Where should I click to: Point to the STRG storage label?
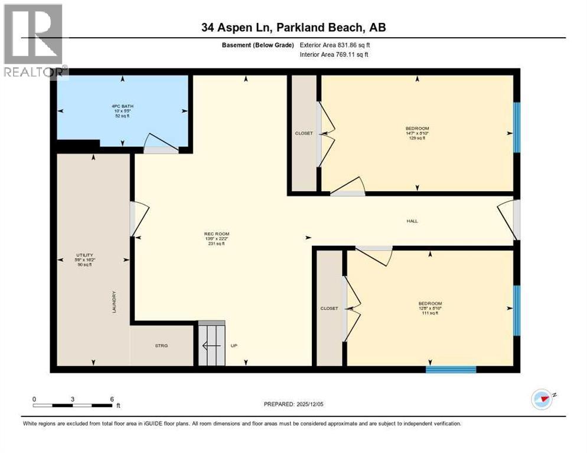(161, 346)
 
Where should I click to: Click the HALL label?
(412, 221)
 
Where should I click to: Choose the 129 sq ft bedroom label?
(417, 133)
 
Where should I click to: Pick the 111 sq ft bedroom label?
(430, 308)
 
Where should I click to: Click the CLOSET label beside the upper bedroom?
(304, 133)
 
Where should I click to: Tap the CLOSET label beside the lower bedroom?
(329, 308)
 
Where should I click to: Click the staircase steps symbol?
(211, 343)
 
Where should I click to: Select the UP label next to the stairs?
(234, 346)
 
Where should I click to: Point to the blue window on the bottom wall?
(451, 370)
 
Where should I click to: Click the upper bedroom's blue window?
(516, 127)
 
